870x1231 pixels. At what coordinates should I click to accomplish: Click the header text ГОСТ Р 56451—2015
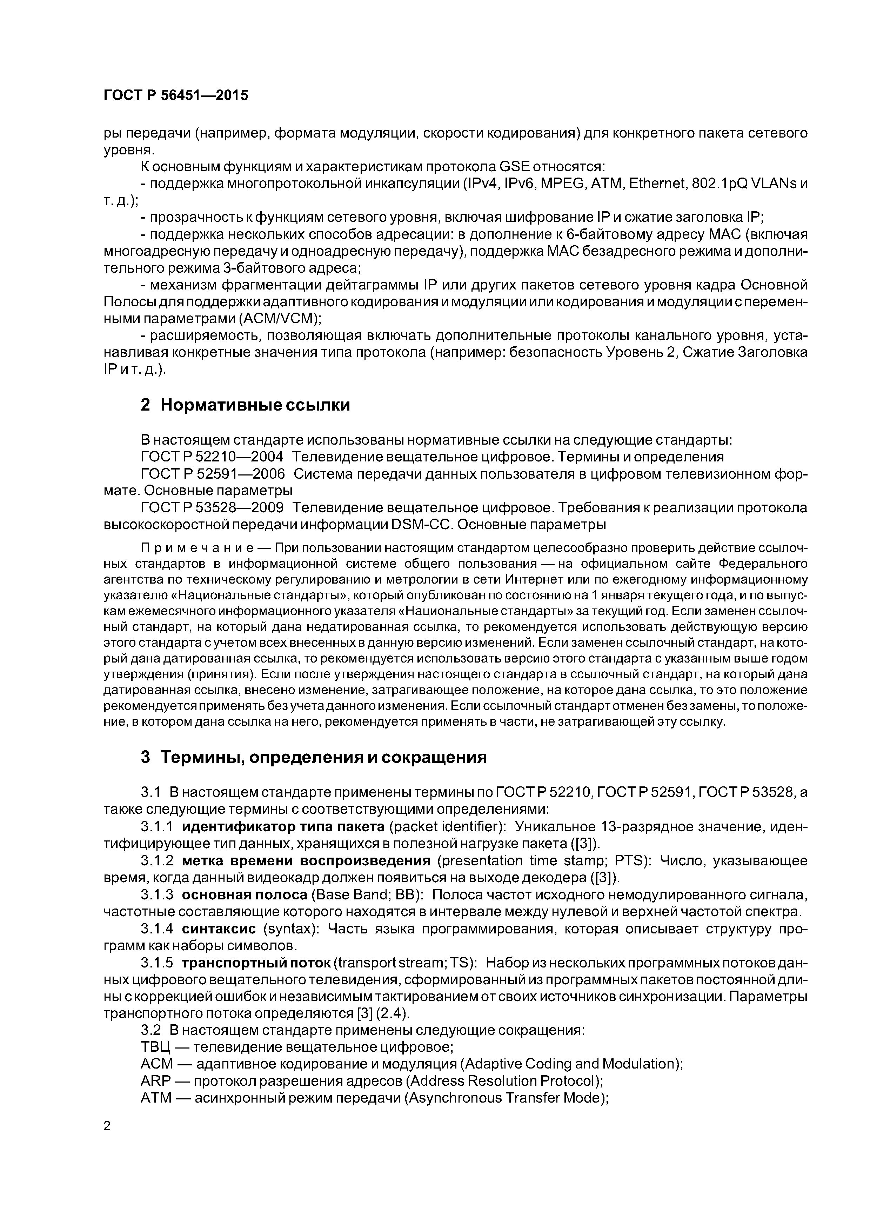pos(176,95)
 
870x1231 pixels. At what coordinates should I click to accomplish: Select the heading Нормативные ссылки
pos(255,405)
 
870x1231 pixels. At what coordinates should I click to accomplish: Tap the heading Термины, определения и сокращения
pos(324,757)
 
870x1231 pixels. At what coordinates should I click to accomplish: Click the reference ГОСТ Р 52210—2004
pos(212,457)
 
